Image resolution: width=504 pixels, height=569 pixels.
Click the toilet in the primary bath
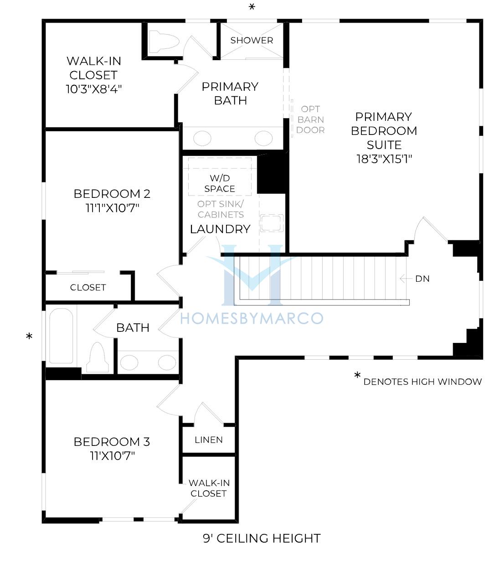[x=164, y=42]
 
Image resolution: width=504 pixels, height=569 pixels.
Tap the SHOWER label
[x=252, y=41]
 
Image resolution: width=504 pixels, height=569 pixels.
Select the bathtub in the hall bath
[x=61, y=336]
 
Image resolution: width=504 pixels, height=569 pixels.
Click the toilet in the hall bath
[x=97, y=357]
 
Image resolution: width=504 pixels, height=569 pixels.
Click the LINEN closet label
[x=209, y=440]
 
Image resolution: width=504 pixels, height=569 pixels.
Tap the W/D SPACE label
[x=220, y=183]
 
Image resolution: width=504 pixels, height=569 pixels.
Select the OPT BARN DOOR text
[x=310, y=119]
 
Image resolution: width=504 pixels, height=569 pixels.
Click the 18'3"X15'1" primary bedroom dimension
[x=384, y=159]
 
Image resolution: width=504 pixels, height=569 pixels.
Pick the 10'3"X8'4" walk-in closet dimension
[x=94, y=89]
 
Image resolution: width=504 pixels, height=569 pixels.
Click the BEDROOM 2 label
[x=112, y=194]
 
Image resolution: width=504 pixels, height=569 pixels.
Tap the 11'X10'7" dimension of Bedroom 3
[x=112, y=455]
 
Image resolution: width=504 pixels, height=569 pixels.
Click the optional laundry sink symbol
[x=272, y=223]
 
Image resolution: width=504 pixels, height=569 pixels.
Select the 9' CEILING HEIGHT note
[x=262, y=538]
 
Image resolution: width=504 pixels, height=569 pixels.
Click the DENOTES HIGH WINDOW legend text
[x=422, y=382]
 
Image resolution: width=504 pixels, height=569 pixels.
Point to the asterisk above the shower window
[x=252, y=7]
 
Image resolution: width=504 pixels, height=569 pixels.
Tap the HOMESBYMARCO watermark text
[x=252, y=318]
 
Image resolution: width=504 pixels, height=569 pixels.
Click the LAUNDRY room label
[x=220, y=229]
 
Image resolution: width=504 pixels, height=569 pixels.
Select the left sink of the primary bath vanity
[x=202, y=138]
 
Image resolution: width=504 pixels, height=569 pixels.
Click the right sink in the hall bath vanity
[x=167, y=362]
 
